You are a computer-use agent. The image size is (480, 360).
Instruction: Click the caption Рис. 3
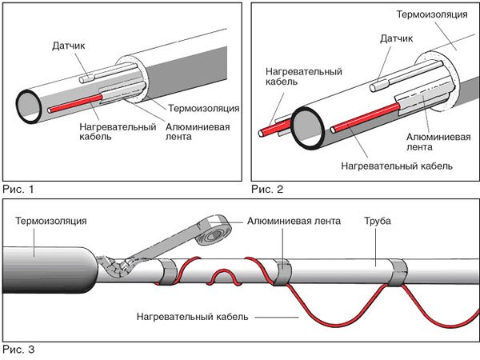[x=18, y=350]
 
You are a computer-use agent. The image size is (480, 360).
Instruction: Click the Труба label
[x=377, y=220]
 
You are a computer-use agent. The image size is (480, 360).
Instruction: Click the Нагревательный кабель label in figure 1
[x=113, y=130]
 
